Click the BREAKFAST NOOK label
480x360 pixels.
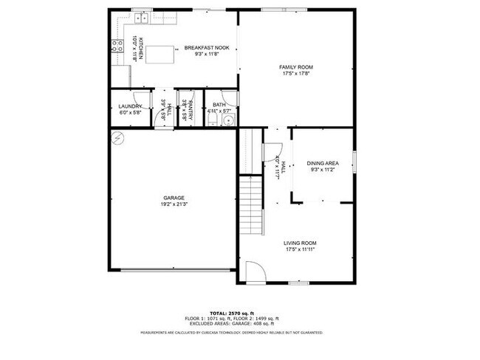[207, 48]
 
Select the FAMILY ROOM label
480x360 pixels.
[295, 67]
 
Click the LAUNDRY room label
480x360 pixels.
[130, 106]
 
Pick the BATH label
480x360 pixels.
[219, 105]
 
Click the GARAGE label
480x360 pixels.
[174, 198]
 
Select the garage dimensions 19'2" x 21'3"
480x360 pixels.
[174, 204]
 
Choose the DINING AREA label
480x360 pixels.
[323, 162]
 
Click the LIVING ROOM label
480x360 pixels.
[301, 243]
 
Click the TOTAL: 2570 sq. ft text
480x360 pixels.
[231, 313]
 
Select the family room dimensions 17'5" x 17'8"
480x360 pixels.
[295, 73]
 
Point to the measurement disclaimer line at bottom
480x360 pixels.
[231, 333]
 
